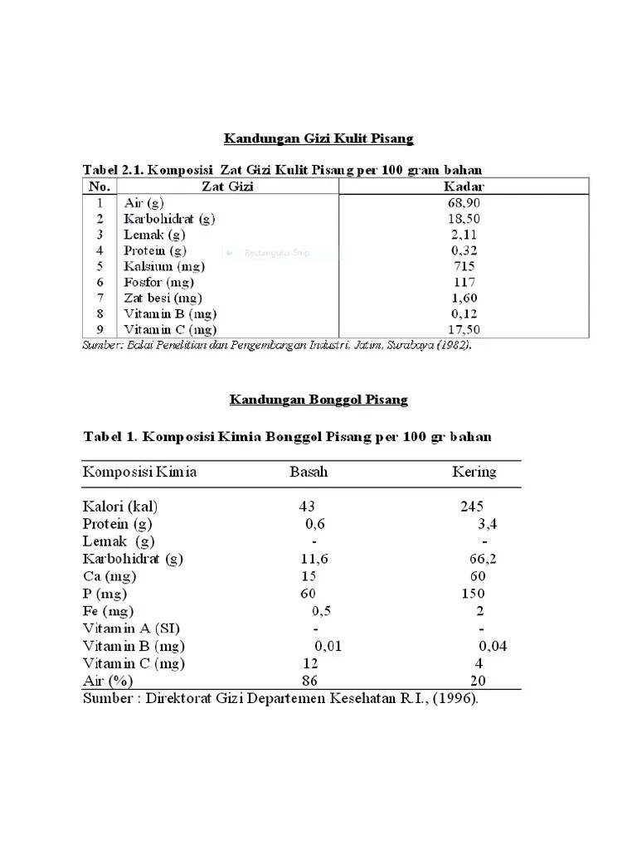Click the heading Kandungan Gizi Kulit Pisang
click(319, 137)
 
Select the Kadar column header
click(464, 187)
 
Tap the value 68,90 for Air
click(464, 202)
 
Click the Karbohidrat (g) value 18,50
click(464, 219)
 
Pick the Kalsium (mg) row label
click(164, 266)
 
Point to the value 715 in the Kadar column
click(464, 266)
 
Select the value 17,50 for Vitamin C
click(464, 330)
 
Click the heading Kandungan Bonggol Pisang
click(318, 400)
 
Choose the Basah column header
click(309, 473)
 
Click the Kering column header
click(474, 473)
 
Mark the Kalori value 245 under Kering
click(472, 507)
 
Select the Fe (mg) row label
click(108, 611)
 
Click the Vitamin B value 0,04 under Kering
click(493, 646)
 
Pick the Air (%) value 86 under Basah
click(310, 681)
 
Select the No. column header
click(100, 187)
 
